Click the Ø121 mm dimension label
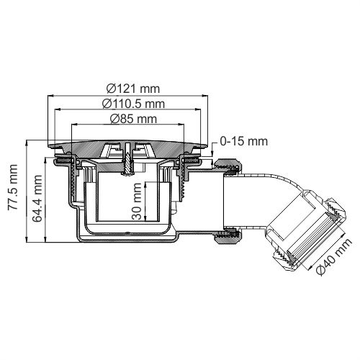tap(132, 88)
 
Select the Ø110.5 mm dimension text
tap(132, 103)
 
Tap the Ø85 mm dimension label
tap(132, 118)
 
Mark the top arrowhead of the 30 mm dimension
tap(146, 181)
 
